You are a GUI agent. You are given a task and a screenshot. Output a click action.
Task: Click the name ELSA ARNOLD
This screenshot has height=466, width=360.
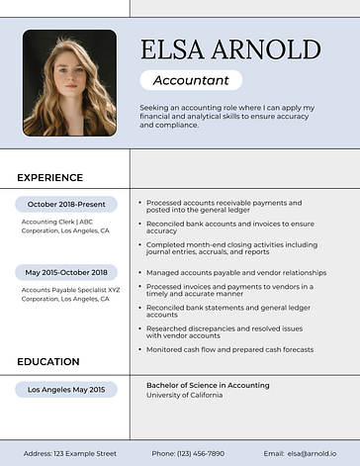[230, 50]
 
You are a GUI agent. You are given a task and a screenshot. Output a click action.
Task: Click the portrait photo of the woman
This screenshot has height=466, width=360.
[69, 82]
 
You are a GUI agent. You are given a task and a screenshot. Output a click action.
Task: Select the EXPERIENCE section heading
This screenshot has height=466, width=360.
[49, 178]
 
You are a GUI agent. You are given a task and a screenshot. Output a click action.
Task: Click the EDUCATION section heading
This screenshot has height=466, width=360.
[47, 362]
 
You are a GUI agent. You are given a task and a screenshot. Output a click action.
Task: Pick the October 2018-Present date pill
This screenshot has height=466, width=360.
[65, 204]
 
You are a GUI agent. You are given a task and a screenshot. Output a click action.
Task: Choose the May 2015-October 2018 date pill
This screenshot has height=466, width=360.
[65, 272]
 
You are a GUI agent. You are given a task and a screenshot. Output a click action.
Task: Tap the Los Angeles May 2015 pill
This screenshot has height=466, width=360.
[65, 390]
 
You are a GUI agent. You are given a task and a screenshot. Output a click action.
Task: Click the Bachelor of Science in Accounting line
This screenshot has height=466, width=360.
[208, 384]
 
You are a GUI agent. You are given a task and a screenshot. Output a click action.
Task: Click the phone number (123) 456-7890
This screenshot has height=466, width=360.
[188, 453]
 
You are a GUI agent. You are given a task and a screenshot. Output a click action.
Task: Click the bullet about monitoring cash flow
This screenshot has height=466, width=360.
[229, 349]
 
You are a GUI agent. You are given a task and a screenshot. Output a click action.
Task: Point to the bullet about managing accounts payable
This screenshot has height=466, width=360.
[235, 272]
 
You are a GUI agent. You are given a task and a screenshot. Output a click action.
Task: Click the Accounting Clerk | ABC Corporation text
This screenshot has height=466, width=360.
[65, 226]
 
